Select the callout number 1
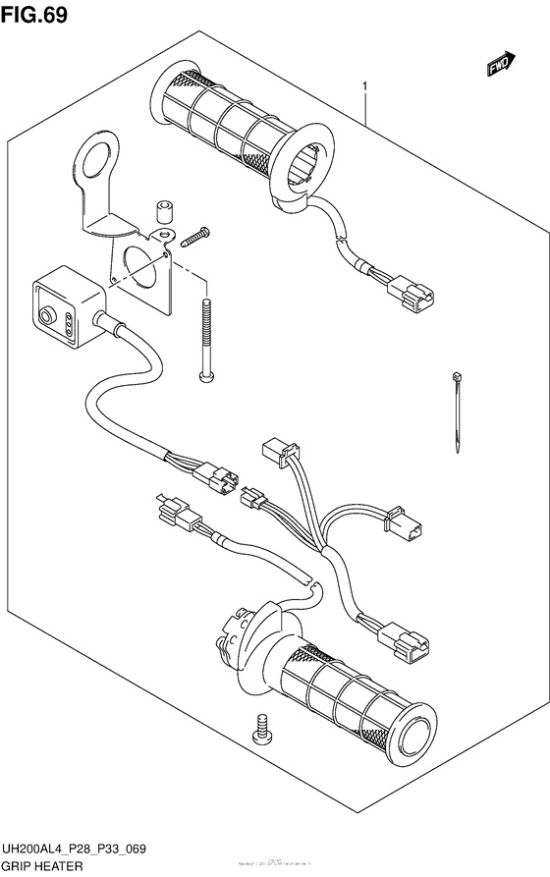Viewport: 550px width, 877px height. pos(365,88)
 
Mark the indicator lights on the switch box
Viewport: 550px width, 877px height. pos(68,325)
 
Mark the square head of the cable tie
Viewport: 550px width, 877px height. pos(458,377)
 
